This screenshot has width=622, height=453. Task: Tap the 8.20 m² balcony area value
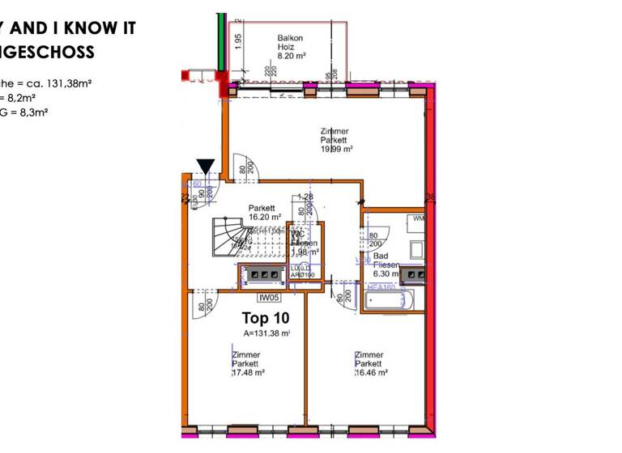291,57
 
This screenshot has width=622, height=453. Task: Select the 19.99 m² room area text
337,149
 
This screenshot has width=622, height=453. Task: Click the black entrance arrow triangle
206,167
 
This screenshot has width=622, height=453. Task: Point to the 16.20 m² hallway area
265,217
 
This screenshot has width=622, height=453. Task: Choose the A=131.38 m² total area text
267,333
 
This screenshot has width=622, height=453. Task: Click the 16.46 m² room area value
372,373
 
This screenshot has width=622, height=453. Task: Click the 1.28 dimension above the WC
305,197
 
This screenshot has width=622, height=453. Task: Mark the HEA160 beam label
381,286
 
